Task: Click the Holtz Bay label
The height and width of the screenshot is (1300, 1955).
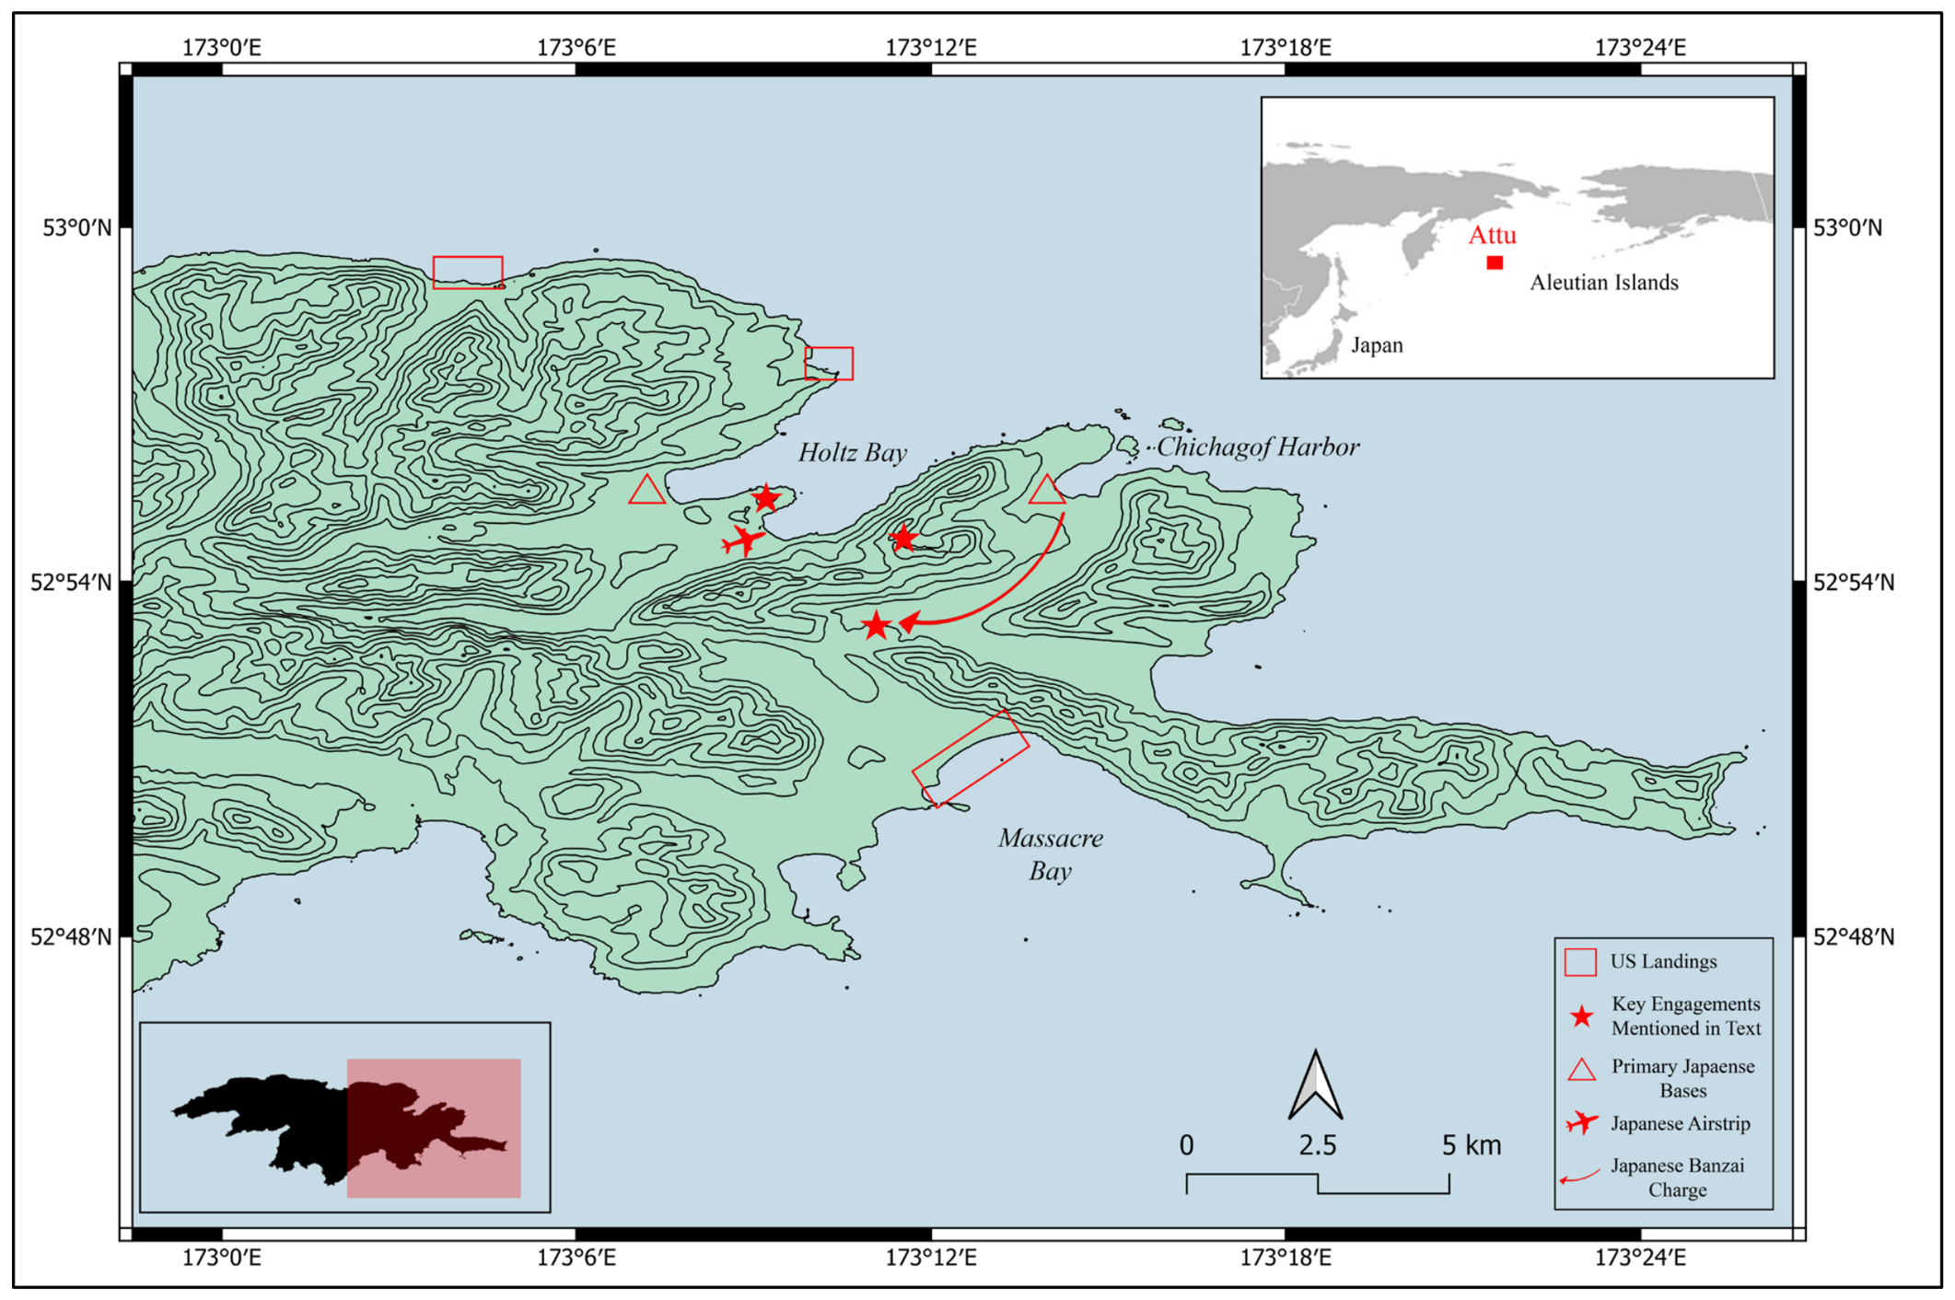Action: click(852, 452)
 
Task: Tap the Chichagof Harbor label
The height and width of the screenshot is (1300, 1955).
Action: click(1257, 447)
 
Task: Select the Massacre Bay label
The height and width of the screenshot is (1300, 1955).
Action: click(1050, 853)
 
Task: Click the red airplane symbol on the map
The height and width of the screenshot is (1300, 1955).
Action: click(742, 540)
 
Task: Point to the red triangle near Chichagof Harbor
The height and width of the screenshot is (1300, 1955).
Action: click(1046, 491)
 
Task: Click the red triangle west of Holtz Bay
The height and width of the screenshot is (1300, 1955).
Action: click(647, 490)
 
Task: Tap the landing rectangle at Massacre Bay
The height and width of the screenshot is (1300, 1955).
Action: click(971, 757)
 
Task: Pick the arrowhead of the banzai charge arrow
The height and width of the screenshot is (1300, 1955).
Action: click(908, 624)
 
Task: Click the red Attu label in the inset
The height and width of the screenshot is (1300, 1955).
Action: click(1491, 235)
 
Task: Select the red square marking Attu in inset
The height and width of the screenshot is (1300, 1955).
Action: click(1495, 262)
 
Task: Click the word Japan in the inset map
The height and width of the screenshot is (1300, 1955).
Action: click(1377, 345)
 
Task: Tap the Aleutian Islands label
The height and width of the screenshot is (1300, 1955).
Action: click(1603, 283)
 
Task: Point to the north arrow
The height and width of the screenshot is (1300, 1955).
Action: click(1315, 1086)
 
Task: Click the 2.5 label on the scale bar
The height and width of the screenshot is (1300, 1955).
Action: click(1317, 1145)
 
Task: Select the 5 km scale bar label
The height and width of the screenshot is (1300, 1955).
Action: click(1471, 1145)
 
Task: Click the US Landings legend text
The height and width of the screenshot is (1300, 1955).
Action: click(1663, 961)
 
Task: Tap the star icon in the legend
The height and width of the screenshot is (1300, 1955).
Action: click(1581, 1016)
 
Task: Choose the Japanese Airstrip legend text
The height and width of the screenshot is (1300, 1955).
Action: click(1680, 1123)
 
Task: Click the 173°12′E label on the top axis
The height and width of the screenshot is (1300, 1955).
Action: click(930, 47)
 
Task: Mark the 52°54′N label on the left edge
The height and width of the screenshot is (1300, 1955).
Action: click(72, 582)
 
